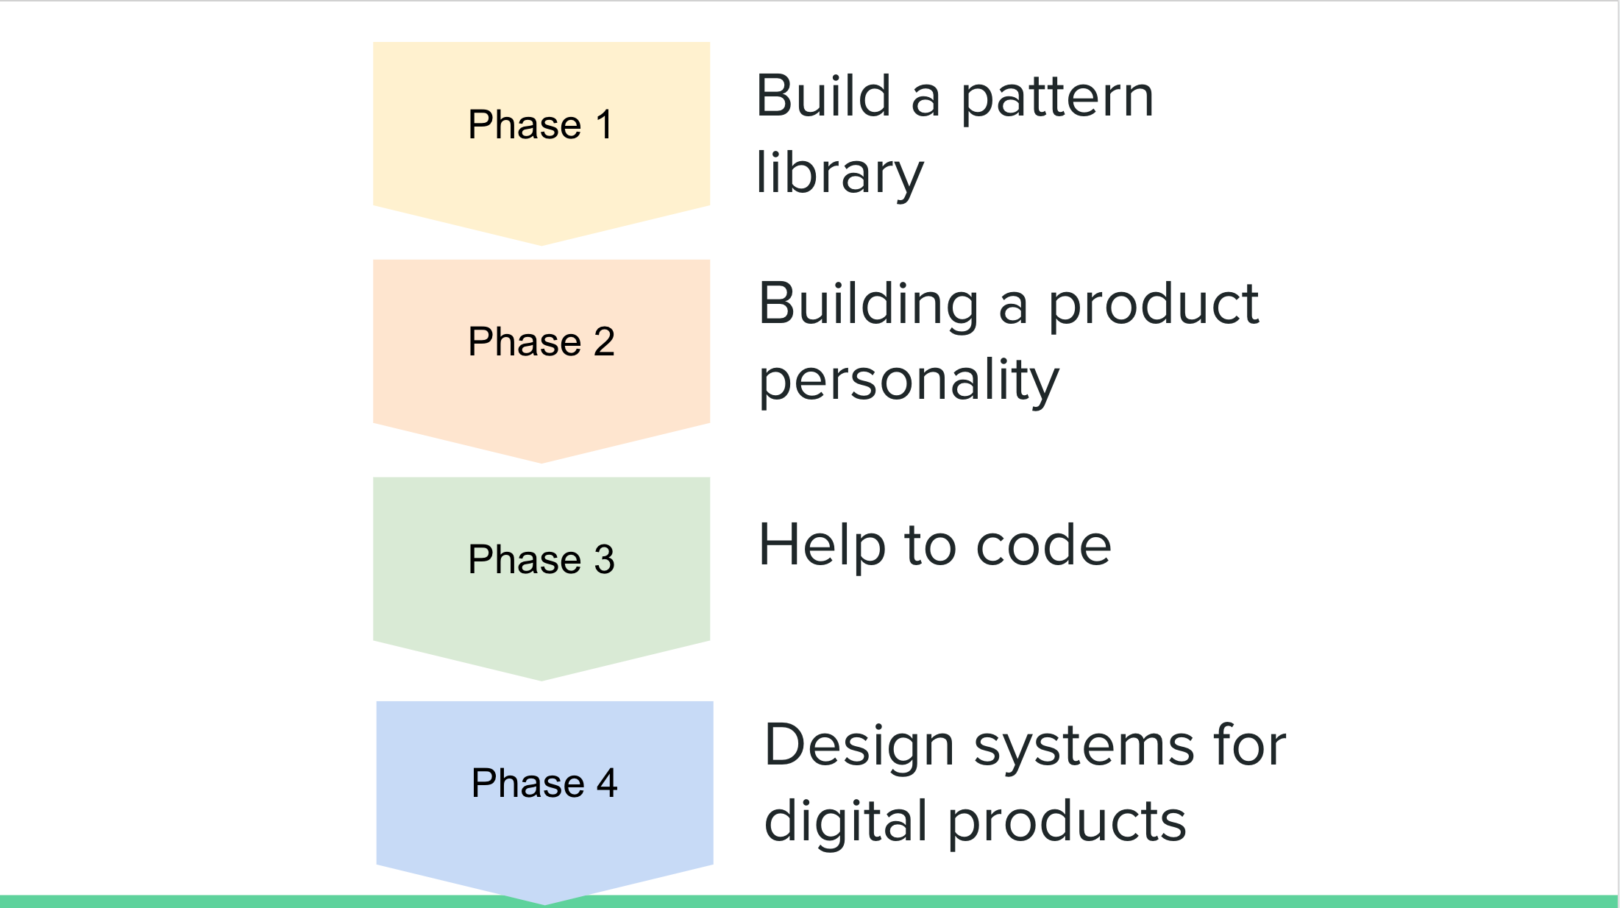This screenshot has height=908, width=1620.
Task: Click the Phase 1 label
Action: pos(541,124)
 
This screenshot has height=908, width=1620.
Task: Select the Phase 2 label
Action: pos(541,341)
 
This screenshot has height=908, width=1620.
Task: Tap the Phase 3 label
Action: pos(541,559)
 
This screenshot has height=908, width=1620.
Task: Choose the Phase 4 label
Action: pos(544,783)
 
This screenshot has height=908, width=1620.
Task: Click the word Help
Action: pos(822,546)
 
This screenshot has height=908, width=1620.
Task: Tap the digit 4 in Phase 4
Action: pos(607,783)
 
